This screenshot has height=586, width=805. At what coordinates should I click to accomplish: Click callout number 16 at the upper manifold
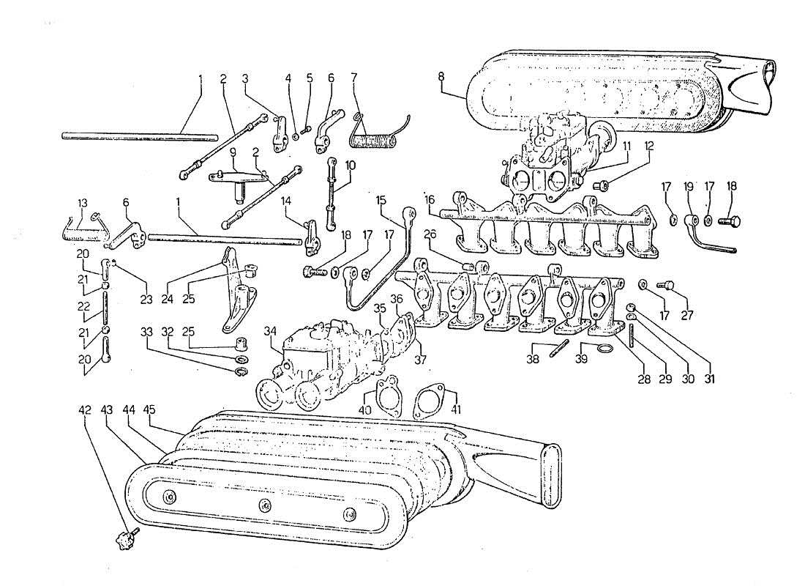[430, 199]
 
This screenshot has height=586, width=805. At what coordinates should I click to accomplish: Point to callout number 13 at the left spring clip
[83, 202]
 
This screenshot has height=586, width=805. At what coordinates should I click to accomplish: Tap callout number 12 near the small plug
[648, 146]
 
